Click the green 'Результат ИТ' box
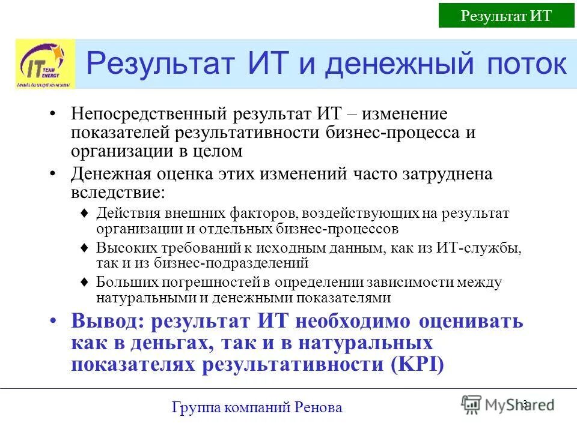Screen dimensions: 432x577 pyautogui.click(x=506, y=15)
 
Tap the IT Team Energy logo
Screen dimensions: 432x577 pyautogui.click(x=45, y=64)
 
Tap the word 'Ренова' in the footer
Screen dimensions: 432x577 pyautogui.click(x=319, y=408)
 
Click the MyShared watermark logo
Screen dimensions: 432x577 pyautogui.click(x=508, y=405)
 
